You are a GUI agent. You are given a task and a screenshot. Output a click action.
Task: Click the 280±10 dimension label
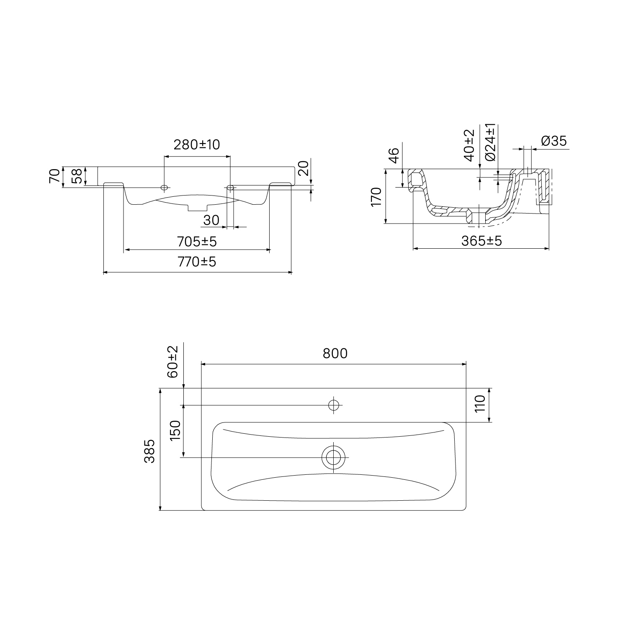point(196,144)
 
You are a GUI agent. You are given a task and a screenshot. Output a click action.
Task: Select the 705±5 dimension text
point(197,242)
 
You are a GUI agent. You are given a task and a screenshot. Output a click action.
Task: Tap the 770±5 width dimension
point(197,262)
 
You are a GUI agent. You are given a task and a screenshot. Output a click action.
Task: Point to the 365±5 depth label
point(481,241)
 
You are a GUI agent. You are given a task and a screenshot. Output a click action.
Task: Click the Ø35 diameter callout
point(553,141)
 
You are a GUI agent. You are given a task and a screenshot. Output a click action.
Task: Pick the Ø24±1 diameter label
point(490,142)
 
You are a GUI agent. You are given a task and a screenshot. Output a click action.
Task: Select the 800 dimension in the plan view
point(335,354)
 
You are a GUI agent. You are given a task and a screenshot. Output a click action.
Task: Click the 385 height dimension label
point(149,451)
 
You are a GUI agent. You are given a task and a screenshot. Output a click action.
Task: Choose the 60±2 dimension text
point(173,362)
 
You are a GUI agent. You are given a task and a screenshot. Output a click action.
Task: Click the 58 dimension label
point(77,176)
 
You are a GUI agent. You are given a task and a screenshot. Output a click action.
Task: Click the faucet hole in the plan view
point(334,405)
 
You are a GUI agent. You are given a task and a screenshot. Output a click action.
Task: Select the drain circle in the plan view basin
point(333,457)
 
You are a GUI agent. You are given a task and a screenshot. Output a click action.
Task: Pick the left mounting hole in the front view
point(164,187)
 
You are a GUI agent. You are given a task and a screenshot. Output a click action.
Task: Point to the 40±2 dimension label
point(469,145)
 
